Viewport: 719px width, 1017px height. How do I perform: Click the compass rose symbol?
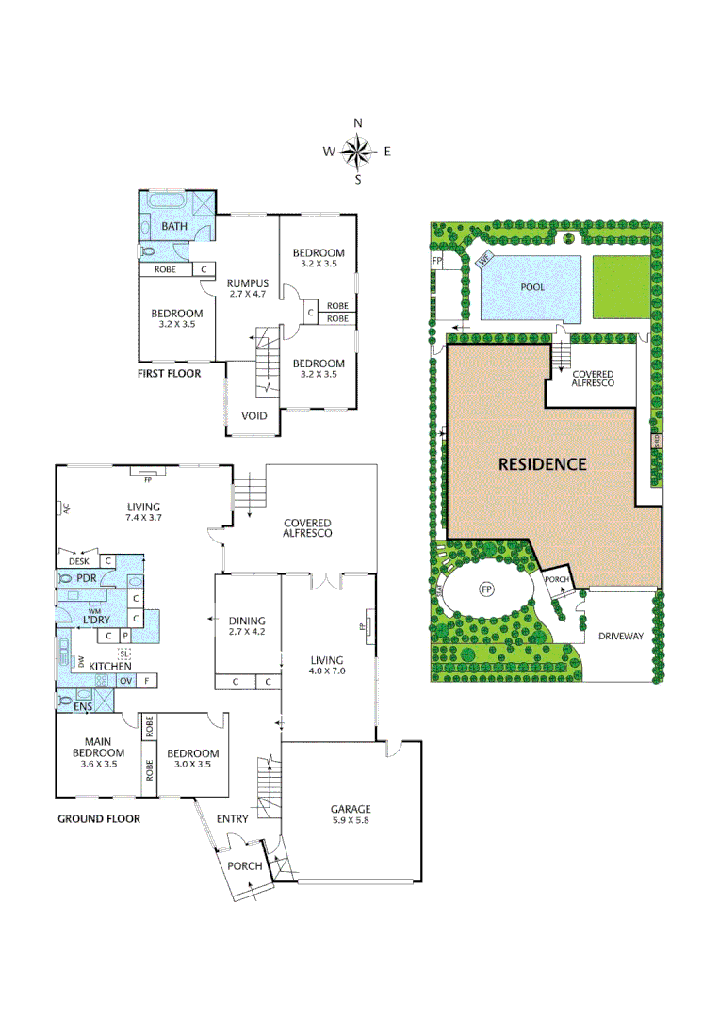coord(357,151)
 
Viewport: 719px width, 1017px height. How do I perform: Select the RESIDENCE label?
coord(542,464)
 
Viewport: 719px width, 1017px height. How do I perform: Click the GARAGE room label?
coord(350,809)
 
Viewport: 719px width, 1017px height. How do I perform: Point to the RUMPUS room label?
coord(249,282)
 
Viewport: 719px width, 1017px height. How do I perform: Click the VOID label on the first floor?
coord(253,415)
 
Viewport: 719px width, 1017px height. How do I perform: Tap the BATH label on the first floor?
coord(174,227)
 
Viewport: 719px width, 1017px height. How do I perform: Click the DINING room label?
coord(247,621)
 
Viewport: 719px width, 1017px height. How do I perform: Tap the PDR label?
coord(87,578)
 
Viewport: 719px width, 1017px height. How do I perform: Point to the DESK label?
coord(77,560)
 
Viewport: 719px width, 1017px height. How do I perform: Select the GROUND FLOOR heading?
coord(99,819)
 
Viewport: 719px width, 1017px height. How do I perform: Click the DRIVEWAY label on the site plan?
coord(620,637)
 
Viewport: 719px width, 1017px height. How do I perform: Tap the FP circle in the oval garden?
coord(487,589)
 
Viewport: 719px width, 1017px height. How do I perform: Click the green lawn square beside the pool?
coord(621,286)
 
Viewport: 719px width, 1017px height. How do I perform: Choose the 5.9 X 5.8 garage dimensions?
coord(350,822)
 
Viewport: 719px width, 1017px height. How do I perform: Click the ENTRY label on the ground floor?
coord(233,819)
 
